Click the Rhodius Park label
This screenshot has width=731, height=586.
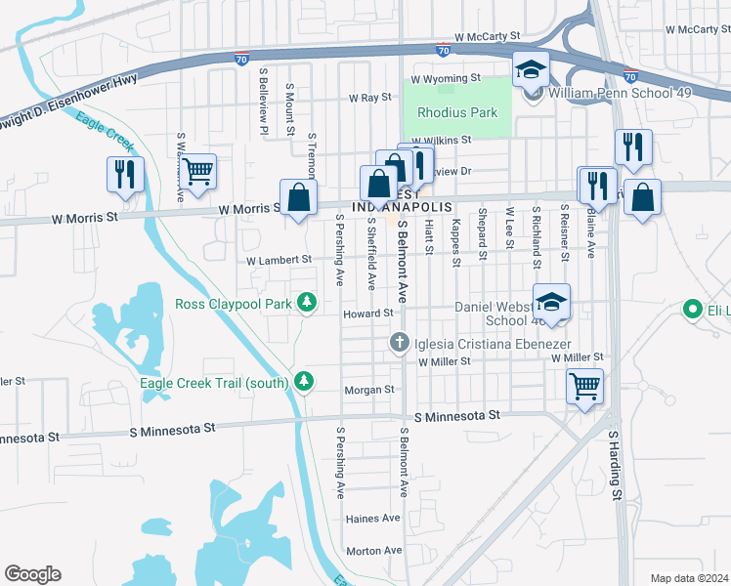[x=457, y=113]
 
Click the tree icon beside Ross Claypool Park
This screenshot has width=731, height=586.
[x=307, y=304]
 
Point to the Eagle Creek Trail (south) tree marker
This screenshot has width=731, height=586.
[x=304, y=382]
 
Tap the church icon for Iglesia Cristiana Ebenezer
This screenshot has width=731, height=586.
[x=399, y=342]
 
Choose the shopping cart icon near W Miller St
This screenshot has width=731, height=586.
[x=584, y=387]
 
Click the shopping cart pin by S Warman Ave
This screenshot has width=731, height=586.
[x=198, y=171]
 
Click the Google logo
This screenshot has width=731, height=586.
[x=32, y=574]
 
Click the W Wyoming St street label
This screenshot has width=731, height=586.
[x=446, y=78]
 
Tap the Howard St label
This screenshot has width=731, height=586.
[x=367, y=314]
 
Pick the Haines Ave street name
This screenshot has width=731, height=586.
[x=373, y=518]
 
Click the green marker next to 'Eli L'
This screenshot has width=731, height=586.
[x=693, y=311]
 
